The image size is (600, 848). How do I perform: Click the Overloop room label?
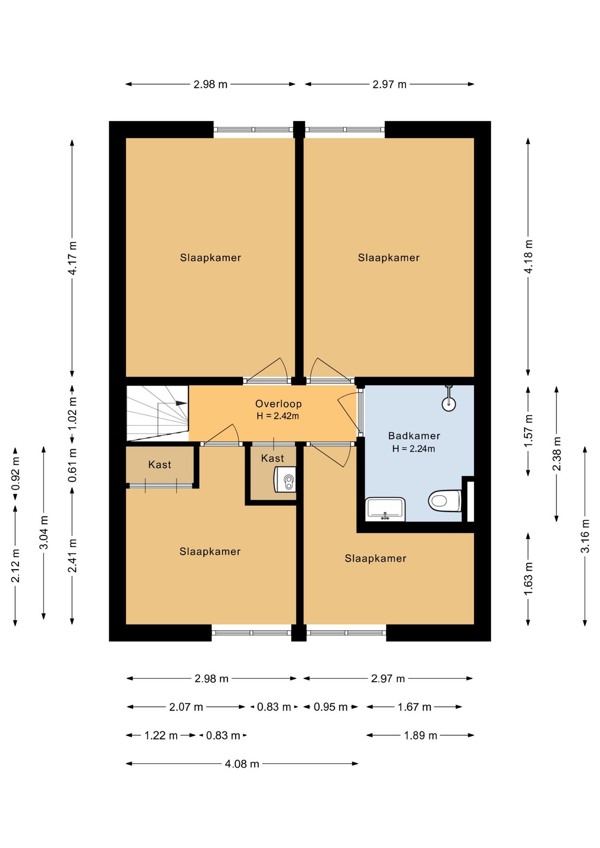[278, 404]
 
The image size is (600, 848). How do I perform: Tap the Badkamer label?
[414, 436]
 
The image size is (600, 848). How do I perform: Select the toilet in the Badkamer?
[444, 500]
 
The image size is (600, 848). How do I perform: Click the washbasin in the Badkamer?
[385, 509]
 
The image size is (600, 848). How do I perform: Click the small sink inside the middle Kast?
[285, 479]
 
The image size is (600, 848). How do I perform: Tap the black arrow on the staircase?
[181, 403]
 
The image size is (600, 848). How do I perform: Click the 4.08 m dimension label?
[242, 764]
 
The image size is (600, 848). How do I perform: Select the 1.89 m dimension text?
[420, 735]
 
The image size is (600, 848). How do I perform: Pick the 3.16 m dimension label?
[585, 536]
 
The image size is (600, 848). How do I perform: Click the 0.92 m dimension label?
[15, 474]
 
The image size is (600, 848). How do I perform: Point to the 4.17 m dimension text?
[72, 258]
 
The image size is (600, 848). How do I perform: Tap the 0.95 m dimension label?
[330, 707]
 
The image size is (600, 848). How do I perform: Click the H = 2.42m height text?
[278, 416]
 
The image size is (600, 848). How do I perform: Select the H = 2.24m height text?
[414, 449]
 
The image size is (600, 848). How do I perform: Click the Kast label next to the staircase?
[159, 465]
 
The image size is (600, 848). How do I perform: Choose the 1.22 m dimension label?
[161, 735]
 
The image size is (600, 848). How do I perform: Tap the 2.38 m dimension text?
[557, 454]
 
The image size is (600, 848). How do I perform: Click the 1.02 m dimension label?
[72, 413]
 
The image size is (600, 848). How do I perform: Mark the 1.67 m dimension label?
[414, 707]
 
